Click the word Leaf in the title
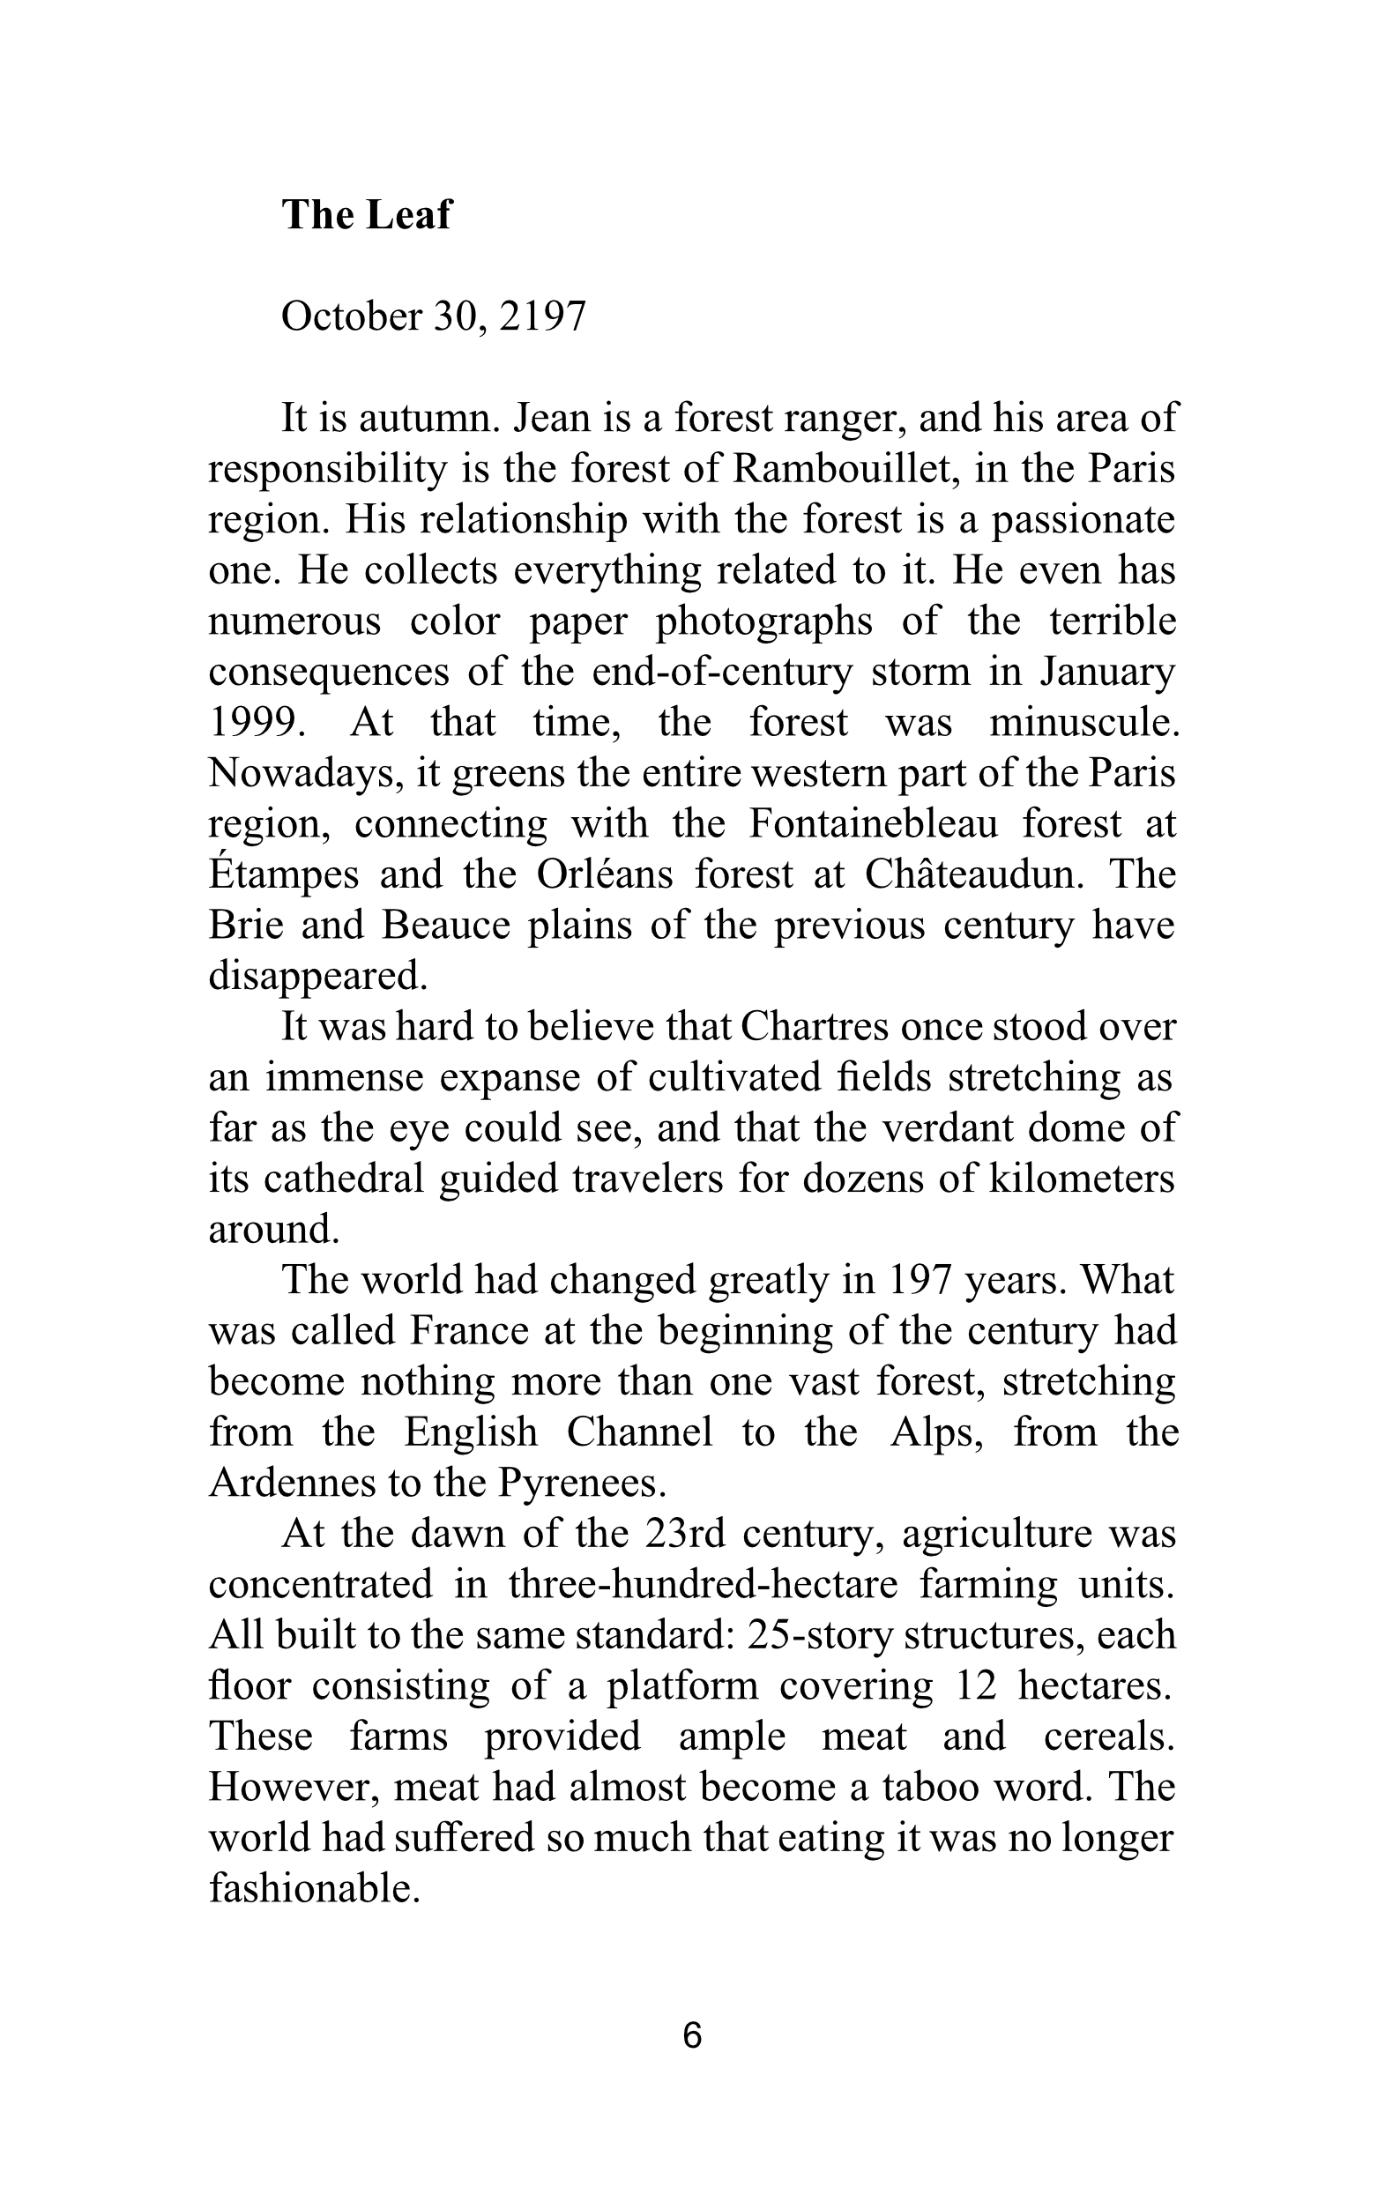408,215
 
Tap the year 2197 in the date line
542,316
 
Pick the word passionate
1083,519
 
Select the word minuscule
1083,722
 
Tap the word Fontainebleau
873,823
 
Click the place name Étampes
283,874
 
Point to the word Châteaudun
975,874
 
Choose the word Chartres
814,1026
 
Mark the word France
469,1330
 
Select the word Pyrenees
582,1484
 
